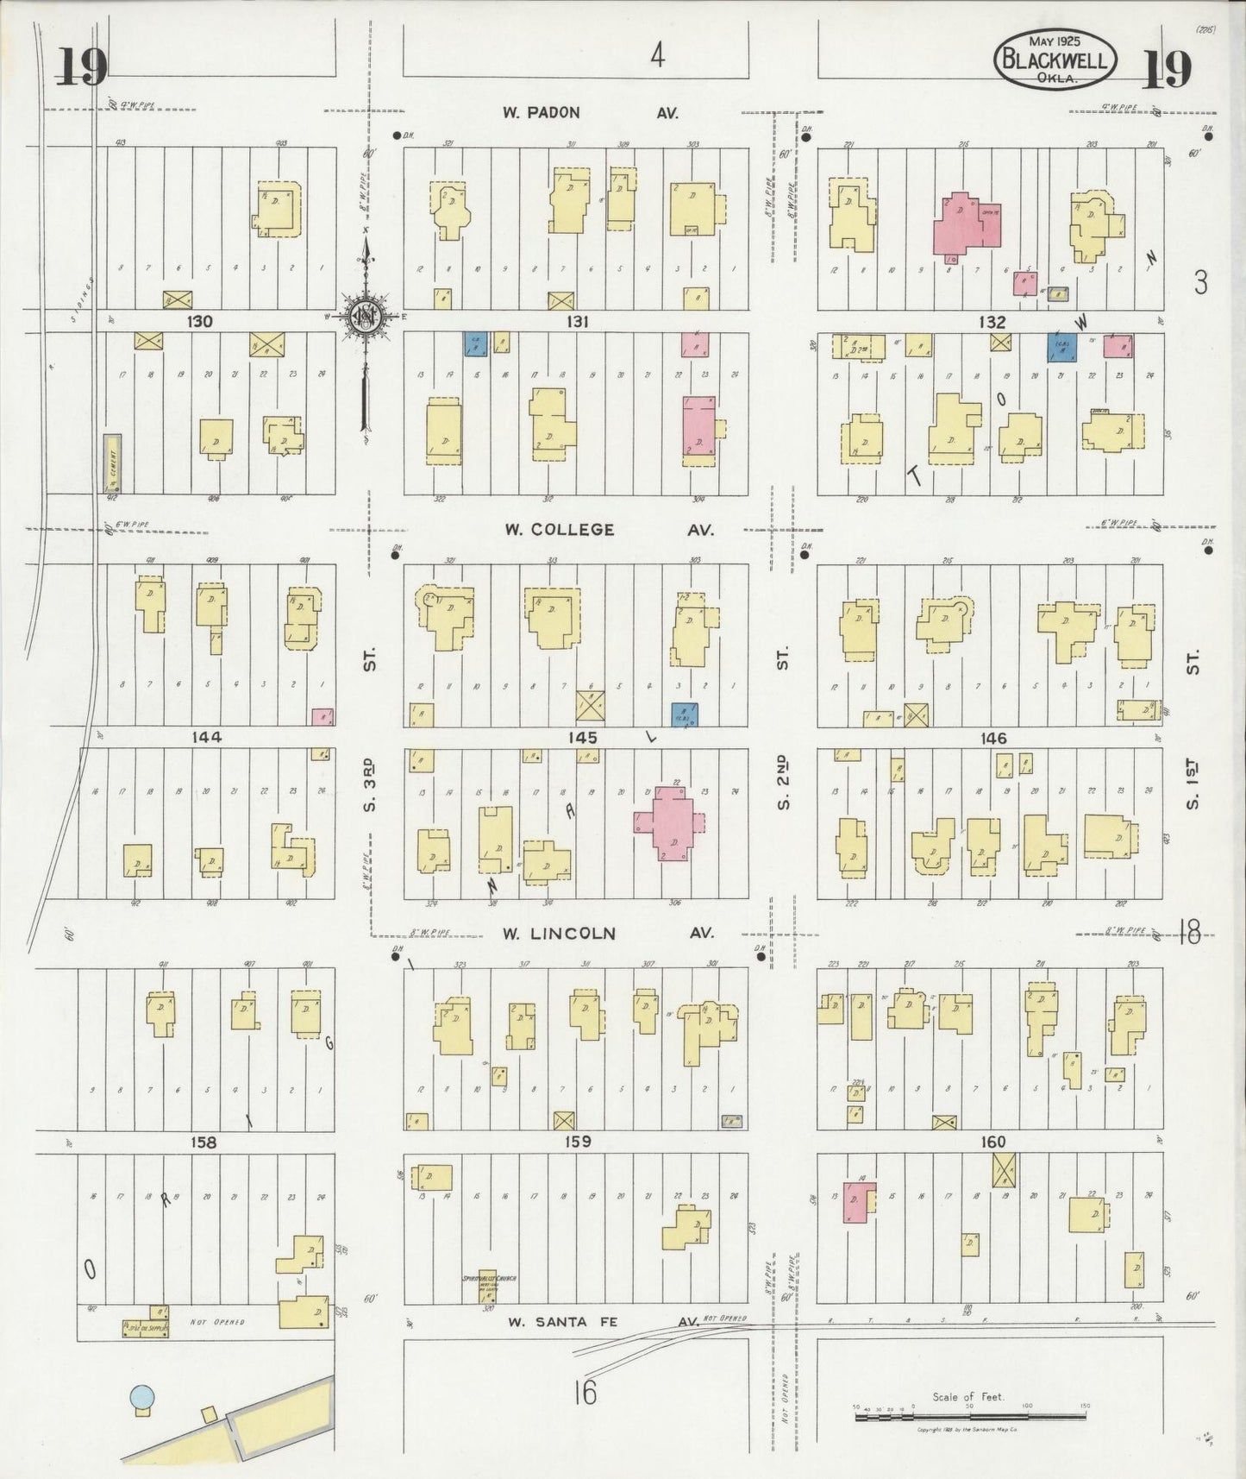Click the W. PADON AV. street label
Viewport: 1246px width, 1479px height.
tap(592, 113)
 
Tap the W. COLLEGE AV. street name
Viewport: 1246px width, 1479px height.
tap(609, 530)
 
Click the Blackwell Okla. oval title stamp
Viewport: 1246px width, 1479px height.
tap(1055, 60)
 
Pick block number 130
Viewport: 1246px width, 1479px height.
tap(199, 321)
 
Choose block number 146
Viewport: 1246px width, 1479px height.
tap(993, 738)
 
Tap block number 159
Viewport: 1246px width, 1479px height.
tap(577, 1142)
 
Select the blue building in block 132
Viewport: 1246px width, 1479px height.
tap(1061, 346)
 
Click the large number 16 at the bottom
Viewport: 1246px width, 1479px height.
tap(585, 1393)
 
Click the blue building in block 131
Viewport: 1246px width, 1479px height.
tap(475, 343)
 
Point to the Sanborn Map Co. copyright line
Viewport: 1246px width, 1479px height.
tap(968, 1430)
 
